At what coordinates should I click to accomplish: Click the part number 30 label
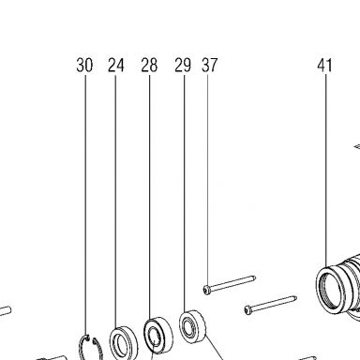[x=84, y=65]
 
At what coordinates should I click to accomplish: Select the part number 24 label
[x=116, y=65]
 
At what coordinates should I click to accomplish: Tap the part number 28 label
[x=149, y=65]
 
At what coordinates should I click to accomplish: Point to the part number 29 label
[x=183, y=65]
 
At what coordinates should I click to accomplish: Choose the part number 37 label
[x=209, y=65]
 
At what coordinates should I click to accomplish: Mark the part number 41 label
[x=324, y=65]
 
